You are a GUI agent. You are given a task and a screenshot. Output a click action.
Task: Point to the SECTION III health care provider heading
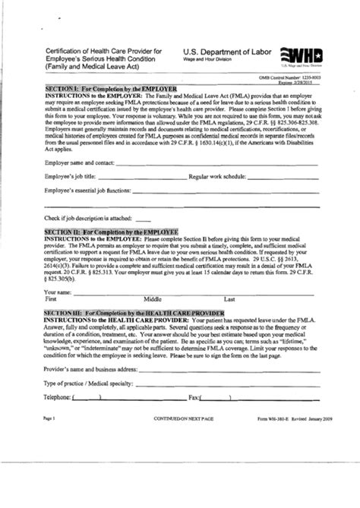click(x=134, y=313)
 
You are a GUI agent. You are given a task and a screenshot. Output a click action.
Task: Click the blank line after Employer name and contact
click(x=213, y=162)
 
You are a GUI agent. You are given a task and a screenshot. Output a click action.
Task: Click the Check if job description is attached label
click(x=90, y=219)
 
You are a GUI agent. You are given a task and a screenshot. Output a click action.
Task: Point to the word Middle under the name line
click(x=154, y=299)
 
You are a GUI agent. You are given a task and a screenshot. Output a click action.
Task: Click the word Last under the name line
click(x=230, y=299)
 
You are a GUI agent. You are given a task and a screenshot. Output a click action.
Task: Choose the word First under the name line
click(x=52, y=299)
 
